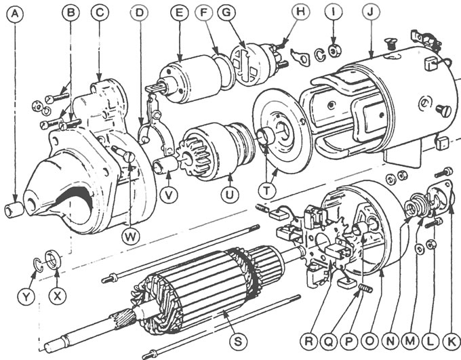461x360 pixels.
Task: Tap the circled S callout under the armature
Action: point(237,342)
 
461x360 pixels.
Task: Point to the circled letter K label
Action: point(452,342)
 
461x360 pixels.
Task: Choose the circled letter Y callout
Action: point(26,296)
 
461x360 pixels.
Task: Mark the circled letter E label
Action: point(179,13)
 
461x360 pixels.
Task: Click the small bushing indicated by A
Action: point(14,209)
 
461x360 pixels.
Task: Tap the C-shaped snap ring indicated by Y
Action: point(38,264)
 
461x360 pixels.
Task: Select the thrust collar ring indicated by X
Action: point(53,259)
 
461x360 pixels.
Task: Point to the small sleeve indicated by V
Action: point(165,165)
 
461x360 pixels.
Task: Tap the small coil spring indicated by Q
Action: point(365,288)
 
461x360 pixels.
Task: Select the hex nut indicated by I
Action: point(334,51)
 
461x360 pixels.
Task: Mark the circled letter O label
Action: point(370,342)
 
